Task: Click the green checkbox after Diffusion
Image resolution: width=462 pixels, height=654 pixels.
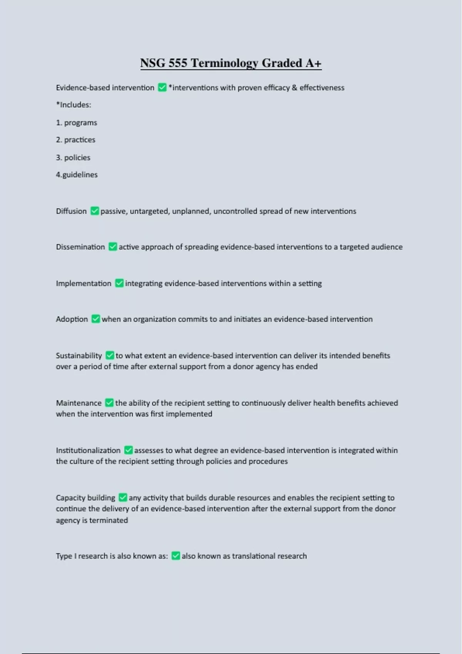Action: [x=95, y=211]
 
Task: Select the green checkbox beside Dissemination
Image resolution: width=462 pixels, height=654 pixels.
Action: [x=113, y=247]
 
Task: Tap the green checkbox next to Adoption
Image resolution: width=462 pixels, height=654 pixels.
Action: [x=96, y=319]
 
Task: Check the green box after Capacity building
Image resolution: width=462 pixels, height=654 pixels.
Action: [x=123, y=497]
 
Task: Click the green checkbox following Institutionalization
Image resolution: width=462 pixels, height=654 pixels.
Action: [x=129, y=450]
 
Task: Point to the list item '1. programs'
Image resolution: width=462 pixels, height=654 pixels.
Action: [x=77, y=123]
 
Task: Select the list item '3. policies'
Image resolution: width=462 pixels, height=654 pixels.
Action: [x=73, y=157]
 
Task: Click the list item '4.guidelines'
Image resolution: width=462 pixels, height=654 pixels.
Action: [x=77, y=175]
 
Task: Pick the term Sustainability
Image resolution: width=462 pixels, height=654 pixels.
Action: [x=79, y=355]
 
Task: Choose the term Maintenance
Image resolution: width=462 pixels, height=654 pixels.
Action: [x=79, y=403]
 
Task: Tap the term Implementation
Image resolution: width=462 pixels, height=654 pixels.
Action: [x=84, y=283]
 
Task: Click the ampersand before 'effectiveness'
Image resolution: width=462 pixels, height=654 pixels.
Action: [x=295, y=88]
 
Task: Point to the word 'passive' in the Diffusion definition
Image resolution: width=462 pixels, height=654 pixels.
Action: [x=114, y=211]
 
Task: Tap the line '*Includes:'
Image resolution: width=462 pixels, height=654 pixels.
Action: [x=74, y=105]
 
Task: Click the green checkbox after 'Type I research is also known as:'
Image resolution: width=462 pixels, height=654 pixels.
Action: [x=176, y=556]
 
